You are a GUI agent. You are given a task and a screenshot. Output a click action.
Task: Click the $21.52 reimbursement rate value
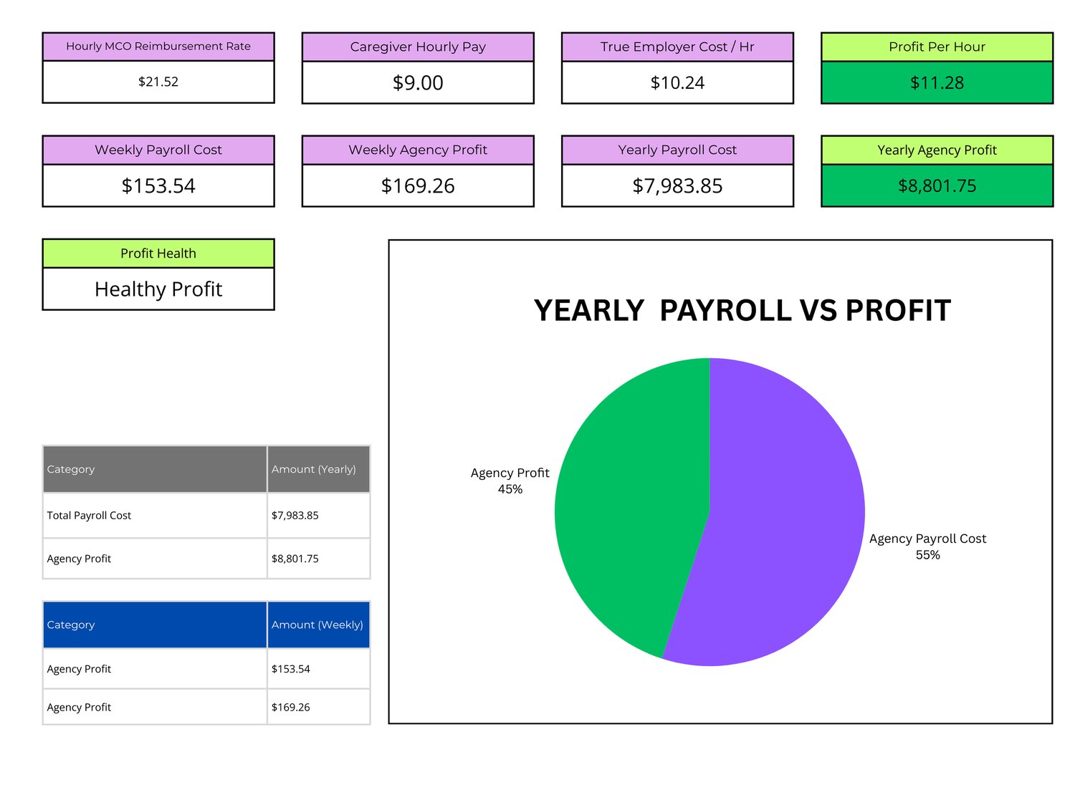[x=158, y=82]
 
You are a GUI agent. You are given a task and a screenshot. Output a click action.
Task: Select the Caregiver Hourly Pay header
[x=418, y=47]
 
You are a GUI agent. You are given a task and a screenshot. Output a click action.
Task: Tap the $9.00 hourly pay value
[x=418, y=83]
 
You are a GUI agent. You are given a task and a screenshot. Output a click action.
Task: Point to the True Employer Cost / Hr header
[x=677, y=47]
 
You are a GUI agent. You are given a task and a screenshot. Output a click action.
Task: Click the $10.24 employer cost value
[x=677, y=83]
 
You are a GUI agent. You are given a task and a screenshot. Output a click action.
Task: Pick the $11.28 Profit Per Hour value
[x=937, y=83]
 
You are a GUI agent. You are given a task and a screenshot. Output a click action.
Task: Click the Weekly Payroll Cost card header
[x=158, y=150]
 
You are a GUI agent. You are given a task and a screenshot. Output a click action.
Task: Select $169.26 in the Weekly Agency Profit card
[x=418, y=186]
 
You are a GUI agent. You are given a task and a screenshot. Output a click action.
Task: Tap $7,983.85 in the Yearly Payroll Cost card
[x=677, y=186]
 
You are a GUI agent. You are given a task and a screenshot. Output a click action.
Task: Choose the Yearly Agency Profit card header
[x=937, y=150]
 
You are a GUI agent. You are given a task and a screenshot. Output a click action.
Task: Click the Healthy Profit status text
[x=158, y=289]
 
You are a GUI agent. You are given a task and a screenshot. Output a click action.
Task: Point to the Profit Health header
[x=158, y=254]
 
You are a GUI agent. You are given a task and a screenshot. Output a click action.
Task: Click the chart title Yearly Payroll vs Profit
[x=742, y=311]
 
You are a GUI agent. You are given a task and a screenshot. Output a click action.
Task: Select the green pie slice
[x=631, y=501]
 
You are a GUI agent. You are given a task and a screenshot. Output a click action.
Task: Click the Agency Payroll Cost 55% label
[x=927, y=546]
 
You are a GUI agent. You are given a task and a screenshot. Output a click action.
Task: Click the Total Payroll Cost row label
[x=89, y=516]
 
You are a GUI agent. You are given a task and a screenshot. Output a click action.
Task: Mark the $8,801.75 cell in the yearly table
[x=295, y=559]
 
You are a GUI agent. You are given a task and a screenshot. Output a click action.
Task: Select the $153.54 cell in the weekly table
[x=291, y=669]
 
